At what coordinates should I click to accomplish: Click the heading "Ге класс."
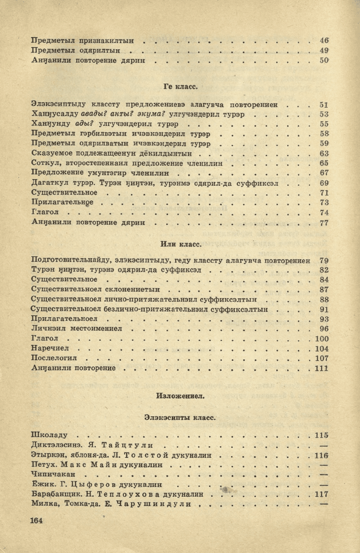[x=180, y=86]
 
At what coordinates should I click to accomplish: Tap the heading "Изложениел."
[x=180, y=396]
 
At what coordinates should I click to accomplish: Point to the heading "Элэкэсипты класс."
[x=180, y=417]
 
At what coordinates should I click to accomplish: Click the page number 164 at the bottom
[x=37, y=520]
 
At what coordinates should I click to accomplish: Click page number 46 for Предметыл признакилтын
[x=324, y=40]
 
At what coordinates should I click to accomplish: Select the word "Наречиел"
[x=49, y=349]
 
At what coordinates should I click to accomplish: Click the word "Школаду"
[x=49, y=435]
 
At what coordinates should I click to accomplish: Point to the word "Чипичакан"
[x=52, y=475]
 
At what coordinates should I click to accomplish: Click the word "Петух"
[x=43, y=464]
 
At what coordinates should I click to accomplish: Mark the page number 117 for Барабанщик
[x=321, y=494]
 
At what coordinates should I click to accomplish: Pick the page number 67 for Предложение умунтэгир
[x=324, y=173]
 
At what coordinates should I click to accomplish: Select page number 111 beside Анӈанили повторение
[x=321, y=368]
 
